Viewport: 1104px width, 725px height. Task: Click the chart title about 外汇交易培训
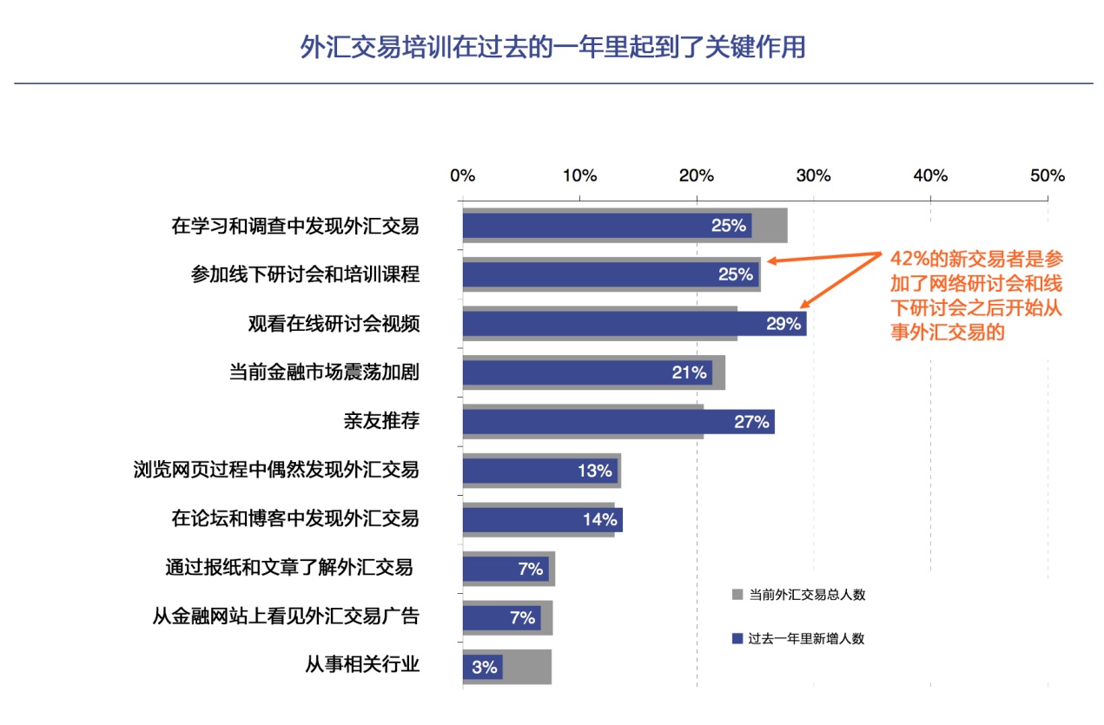click(552, 47)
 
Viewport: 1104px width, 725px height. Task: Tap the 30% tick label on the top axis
click(813, 175)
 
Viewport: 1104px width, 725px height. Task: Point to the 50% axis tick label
click(1047, 175)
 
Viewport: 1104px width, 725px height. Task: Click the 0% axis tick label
click(462, 175)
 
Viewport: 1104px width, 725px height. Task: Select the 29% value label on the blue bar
click(783, 324)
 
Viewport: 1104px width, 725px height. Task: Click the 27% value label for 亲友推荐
click(751, 422)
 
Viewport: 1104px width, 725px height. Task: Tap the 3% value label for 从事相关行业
click(485, 668)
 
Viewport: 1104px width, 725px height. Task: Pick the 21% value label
click(689, 372)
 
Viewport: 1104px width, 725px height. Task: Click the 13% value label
click(595, 471)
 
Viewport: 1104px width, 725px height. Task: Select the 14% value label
click(599, 520)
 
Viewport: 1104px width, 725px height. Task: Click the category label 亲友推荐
click(381, 421)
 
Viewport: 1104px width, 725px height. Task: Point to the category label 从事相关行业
click(362, 666)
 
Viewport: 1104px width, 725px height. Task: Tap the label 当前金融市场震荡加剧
click(324, 372)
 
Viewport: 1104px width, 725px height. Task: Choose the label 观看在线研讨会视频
click(334, 324)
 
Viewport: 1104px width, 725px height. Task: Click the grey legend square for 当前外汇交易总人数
click(737, 595)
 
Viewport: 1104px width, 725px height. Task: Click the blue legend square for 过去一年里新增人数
click(737, 639)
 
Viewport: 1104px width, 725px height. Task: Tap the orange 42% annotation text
click(976, 295)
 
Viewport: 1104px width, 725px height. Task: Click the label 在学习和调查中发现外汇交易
click(295, 226)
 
